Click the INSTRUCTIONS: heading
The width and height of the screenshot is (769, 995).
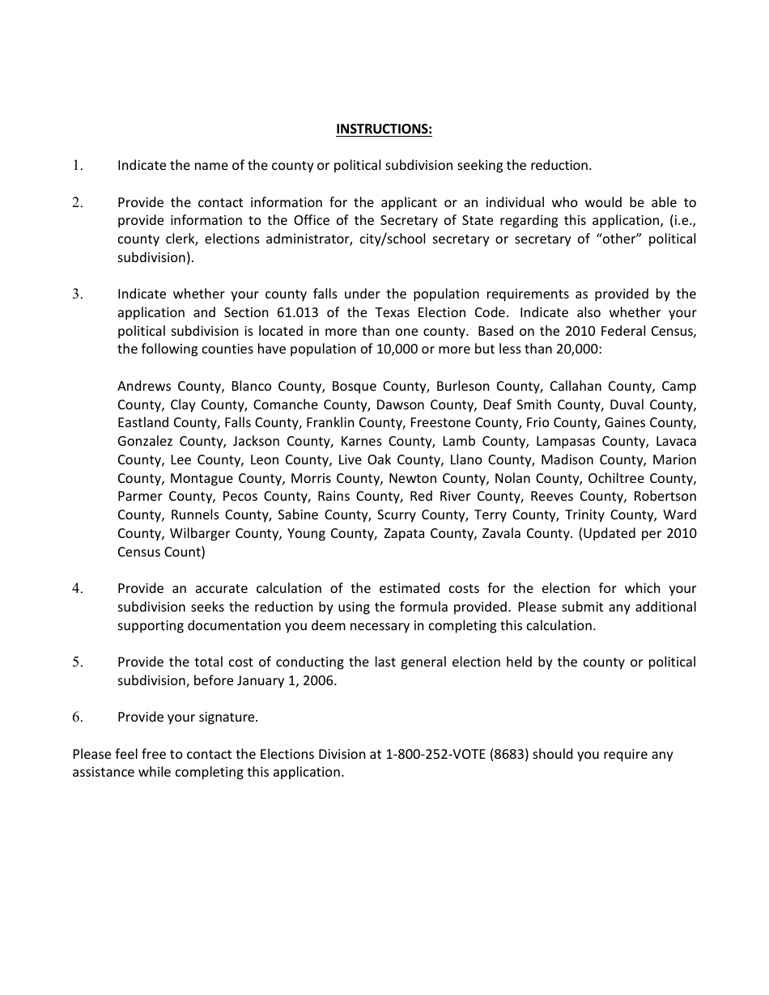pos(384,129)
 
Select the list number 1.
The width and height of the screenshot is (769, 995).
pos(78,166)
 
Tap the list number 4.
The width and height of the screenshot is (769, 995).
pos(78,589)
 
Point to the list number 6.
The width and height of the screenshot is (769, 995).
pos(78,718)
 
